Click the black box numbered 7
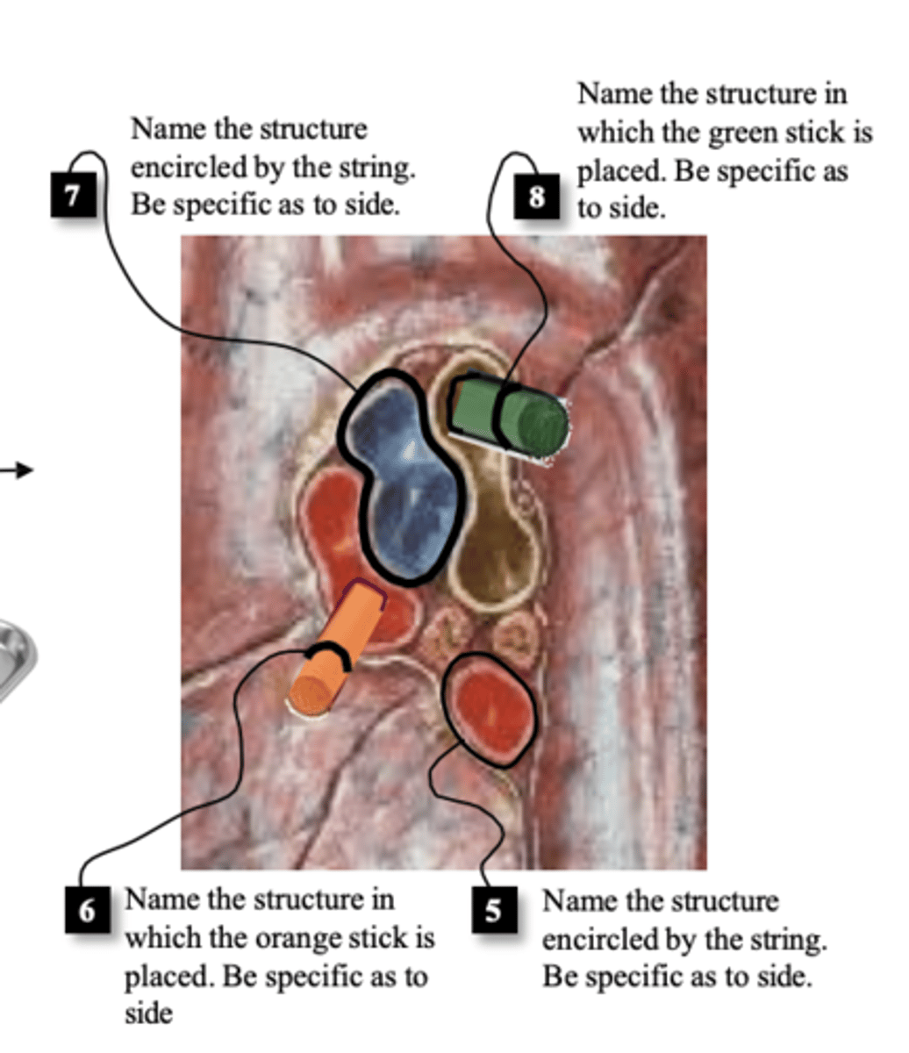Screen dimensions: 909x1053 pyautogui.click(x=74, y=195)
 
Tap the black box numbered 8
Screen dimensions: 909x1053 pyautogui.click(x=536, y=197)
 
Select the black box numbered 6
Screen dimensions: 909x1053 pyautogui.click(x=87, y=910)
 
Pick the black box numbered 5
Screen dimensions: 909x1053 pyautogui.click(x=494, y=910)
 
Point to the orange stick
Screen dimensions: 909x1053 pyautogui.click(x=337, y=649)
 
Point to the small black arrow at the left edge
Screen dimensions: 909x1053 pyautogui.click(x=17, y=469)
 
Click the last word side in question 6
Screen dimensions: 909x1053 pyautogui.click(x=149, y=1014)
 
